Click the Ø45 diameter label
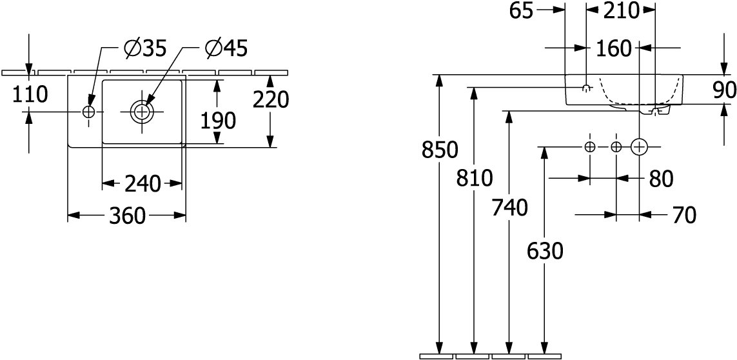[226, 48]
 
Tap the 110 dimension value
[29, 94]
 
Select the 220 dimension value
[270, 100]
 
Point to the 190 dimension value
[217, 120]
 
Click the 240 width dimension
[142, 185]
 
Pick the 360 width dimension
[126, 216]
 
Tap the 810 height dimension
[475, 177]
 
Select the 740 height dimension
[509, 208]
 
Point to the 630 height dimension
[545, 250]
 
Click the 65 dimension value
[520, 10]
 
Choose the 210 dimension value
[620, 10]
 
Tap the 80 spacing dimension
[660, 179]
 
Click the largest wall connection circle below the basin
[639, 147]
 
